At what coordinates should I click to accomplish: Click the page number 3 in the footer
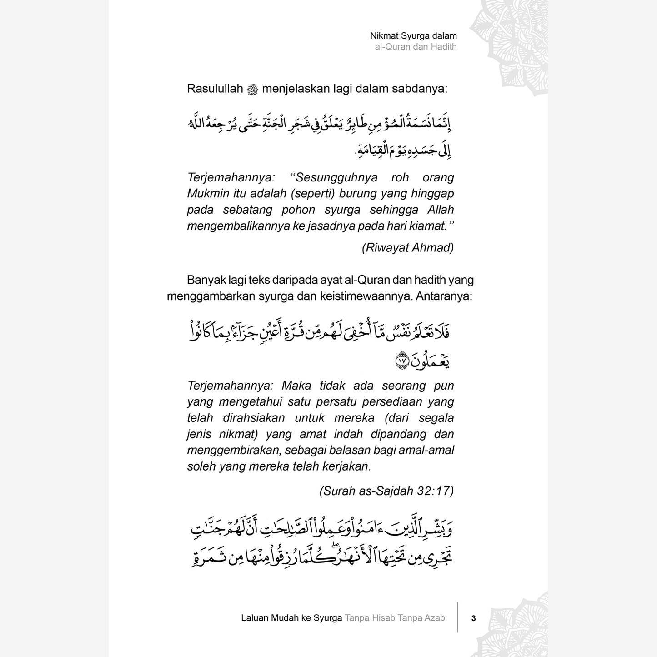[473, 618]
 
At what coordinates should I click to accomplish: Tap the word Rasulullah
[215, 89]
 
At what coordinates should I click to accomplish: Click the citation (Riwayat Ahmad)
[407, 248]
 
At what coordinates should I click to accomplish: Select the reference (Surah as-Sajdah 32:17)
[386, 491]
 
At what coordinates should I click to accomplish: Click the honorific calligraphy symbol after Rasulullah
[252, 89]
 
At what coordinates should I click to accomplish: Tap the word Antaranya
[444, 296]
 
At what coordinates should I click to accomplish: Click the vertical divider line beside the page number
[458, 617]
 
